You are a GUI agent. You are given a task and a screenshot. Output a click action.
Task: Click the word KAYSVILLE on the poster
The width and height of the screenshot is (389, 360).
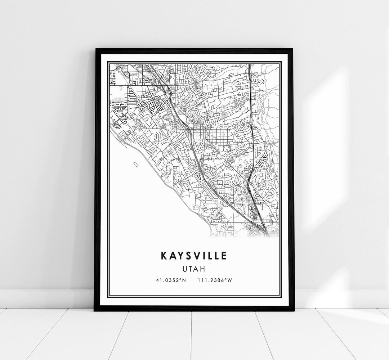click(194, 256)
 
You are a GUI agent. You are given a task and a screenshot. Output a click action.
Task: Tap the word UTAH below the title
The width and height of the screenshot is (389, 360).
click(194, 269)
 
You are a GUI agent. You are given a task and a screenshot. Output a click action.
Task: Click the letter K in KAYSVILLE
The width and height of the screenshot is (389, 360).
click(164, 256)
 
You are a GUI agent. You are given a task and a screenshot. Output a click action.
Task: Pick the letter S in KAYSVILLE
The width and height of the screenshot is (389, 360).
click(187, 256)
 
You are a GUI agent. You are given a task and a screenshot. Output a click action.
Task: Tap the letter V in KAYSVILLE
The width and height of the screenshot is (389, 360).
click(196, 256)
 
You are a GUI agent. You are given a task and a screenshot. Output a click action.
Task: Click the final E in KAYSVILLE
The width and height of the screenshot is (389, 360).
click(224, 256)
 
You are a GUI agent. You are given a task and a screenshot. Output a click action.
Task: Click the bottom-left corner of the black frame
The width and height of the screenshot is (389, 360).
click(95, 310)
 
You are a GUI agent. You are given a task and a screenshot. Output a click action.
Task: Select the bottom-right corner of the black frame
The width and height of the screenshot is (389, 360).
click(294, 310)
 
